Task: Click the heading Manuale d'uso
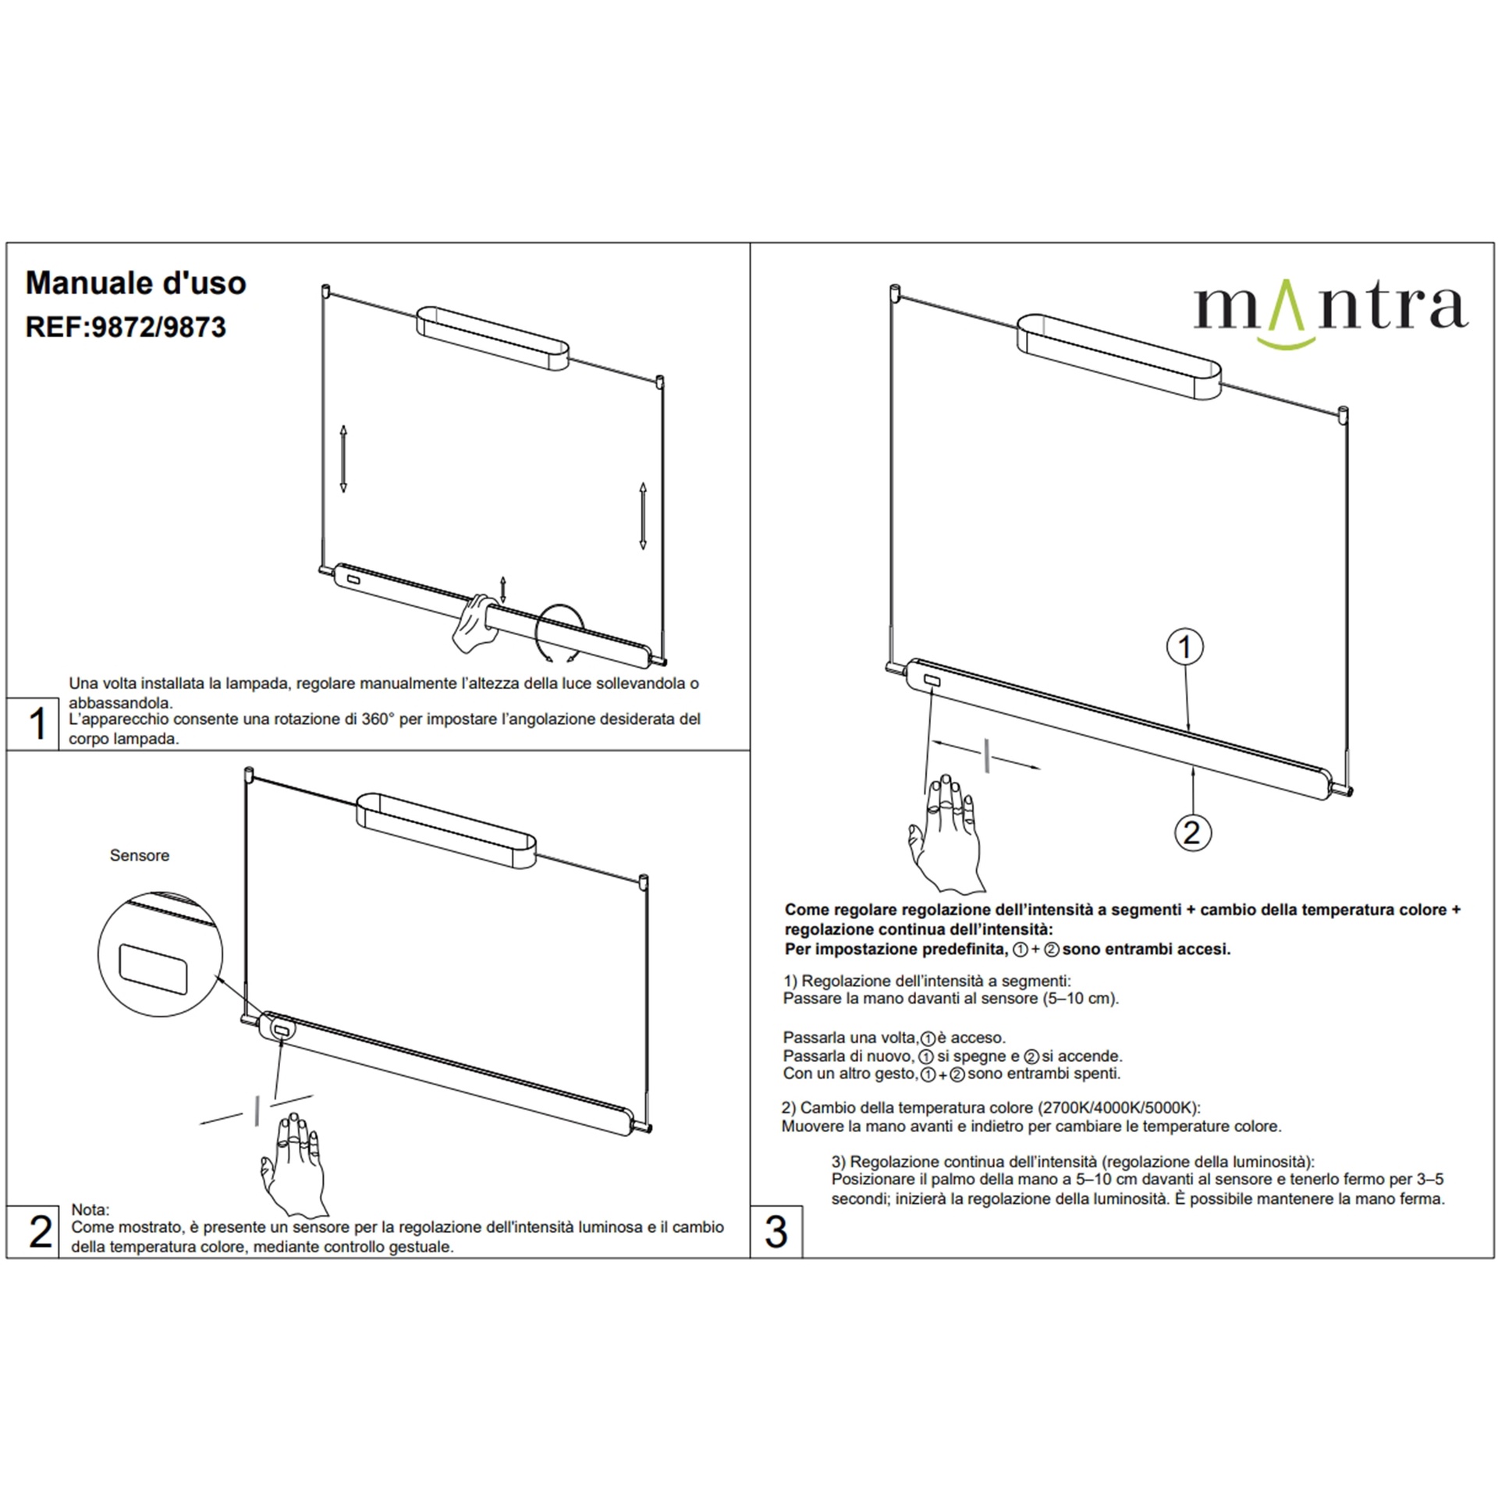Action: coord(136,282)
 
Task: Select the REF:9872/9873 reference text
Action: coord(126,327)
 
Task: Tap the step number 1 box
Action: coord(33,723)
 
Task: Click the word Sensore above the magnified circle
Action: coord(140,855)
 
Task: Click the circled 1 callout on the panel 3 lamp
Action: coord(1185,647)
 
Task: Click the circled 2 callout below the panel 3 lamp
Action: coord(1192,832)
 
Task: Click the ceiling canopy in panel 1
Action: coord(493,338)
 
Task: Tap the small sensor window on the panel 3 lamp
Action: coord(932,683)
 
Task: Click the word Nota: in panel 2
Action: coord(91,1209)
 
